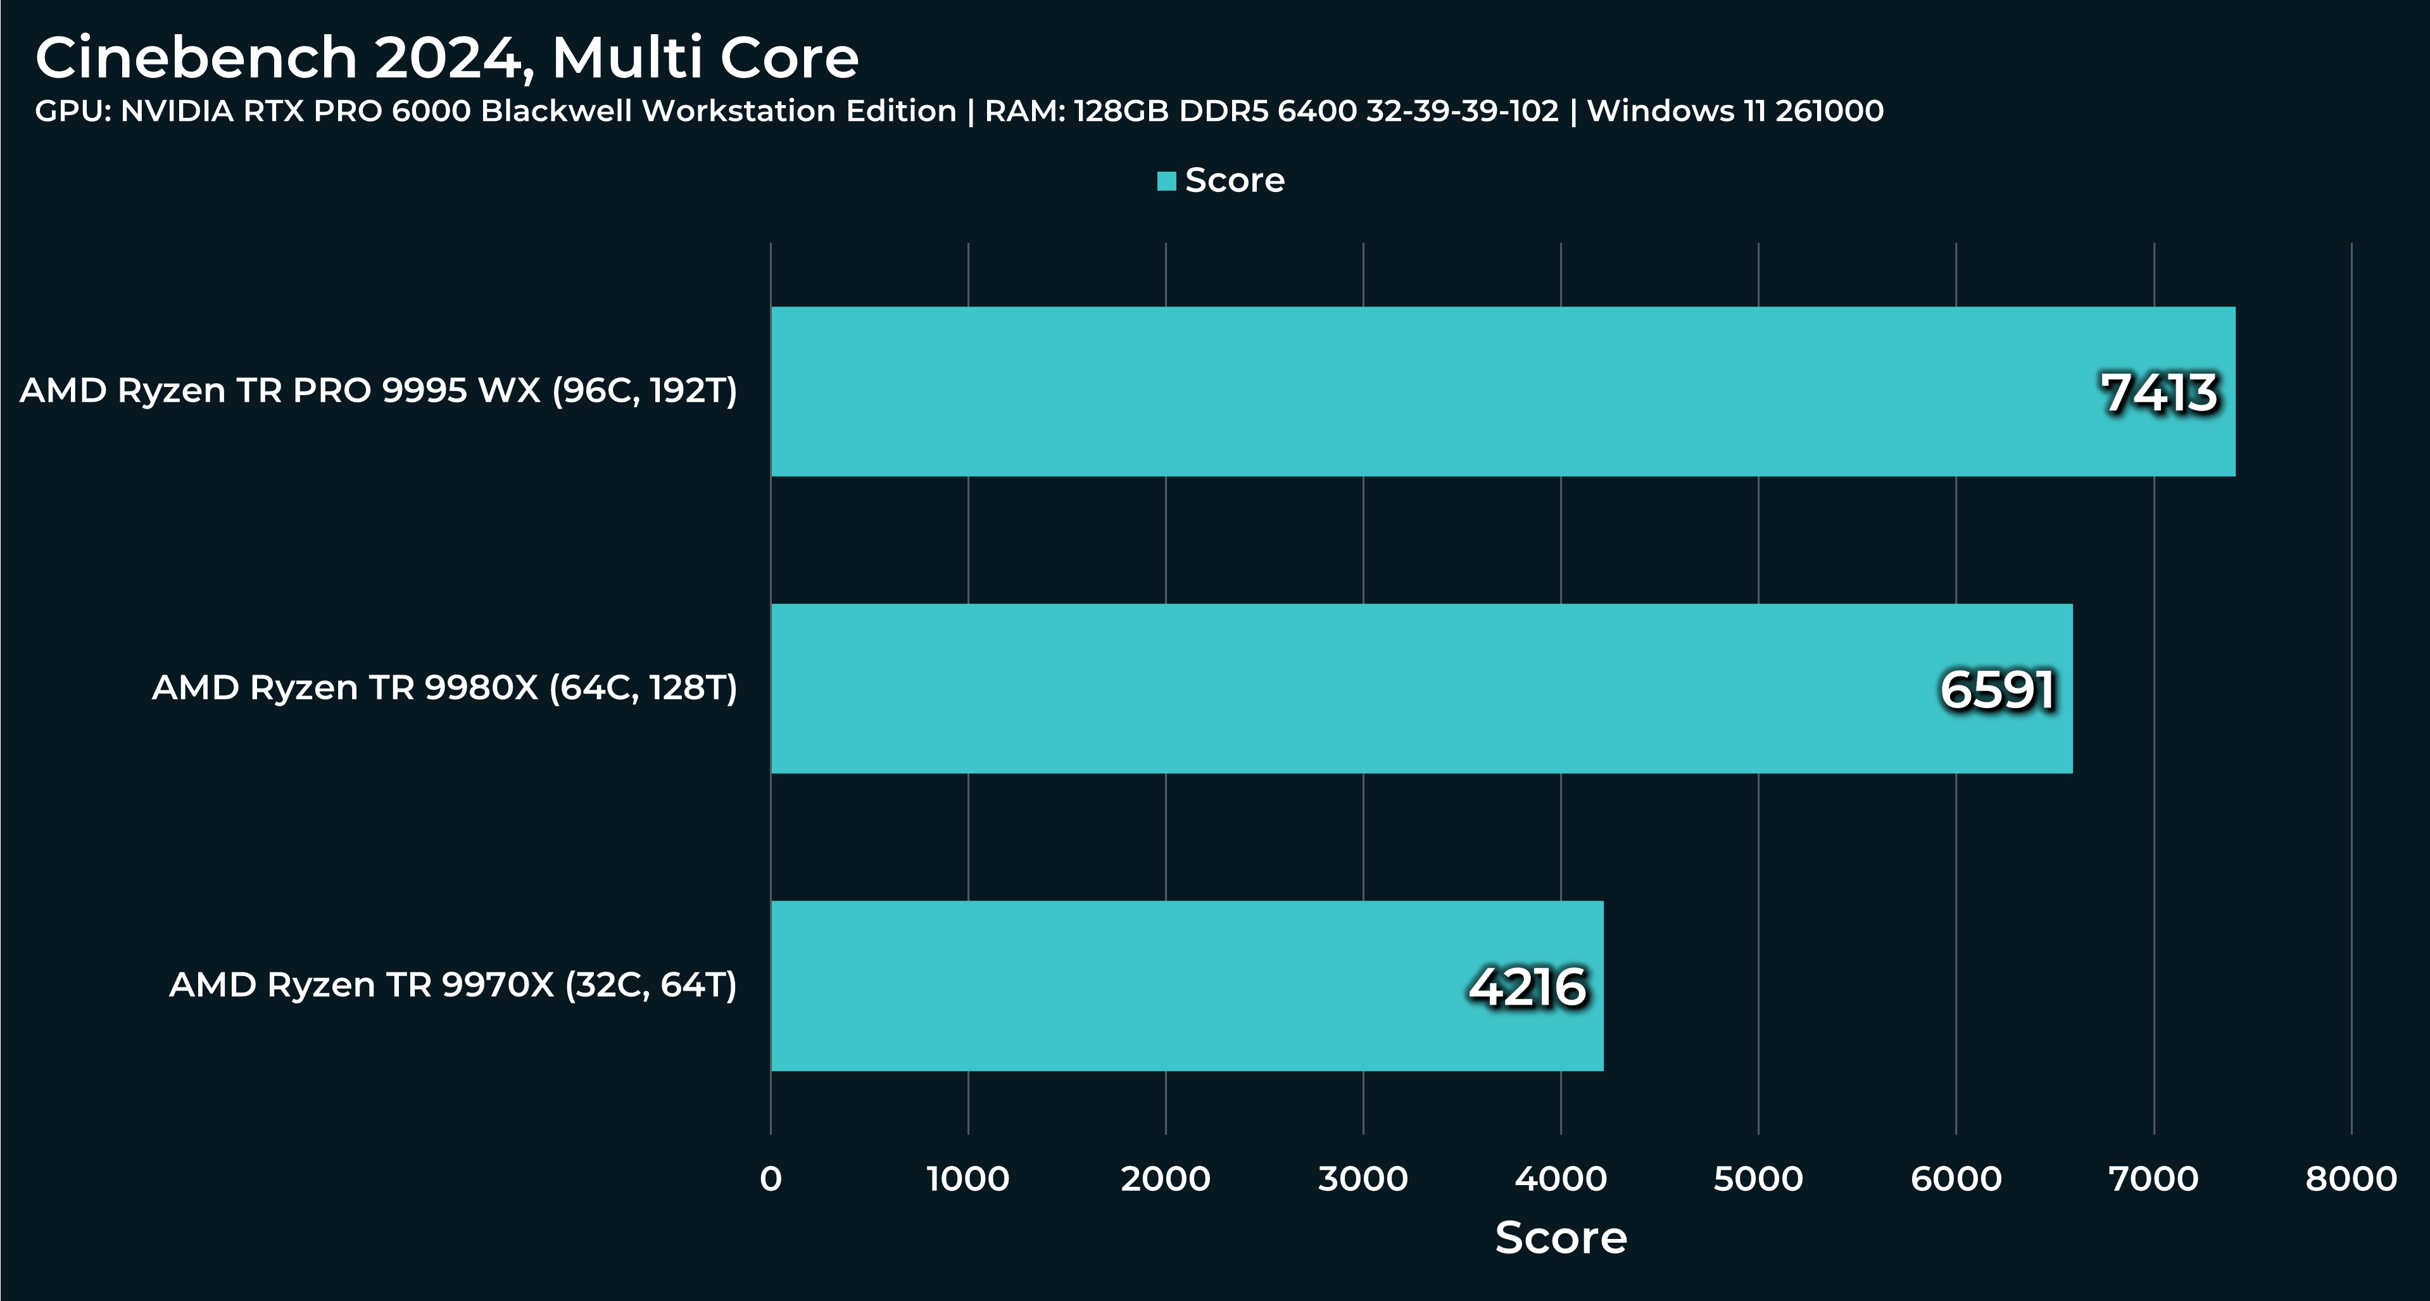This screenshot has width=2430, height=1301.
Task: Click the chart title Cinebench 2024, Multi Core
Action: click(446, 58)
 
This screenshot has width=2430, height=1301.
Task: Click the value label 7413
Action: click(2158, 393)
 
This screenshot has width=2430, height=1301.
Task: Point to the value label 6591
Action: click(1997, 690)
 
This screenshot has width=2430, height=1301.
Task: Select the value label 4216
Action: click(1527, 987)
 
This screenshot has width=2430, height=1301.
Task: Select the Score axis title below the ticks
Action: click(1561, 1237)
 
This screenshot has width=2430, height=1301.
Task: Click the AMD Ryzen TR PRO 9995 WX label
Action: click(378, 391)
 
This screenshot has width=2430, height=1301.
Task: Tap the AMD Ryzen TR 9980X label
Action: click(444, 688)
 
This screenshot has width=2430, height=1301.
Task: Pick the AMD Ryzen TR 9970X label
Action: click(453, 985)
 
